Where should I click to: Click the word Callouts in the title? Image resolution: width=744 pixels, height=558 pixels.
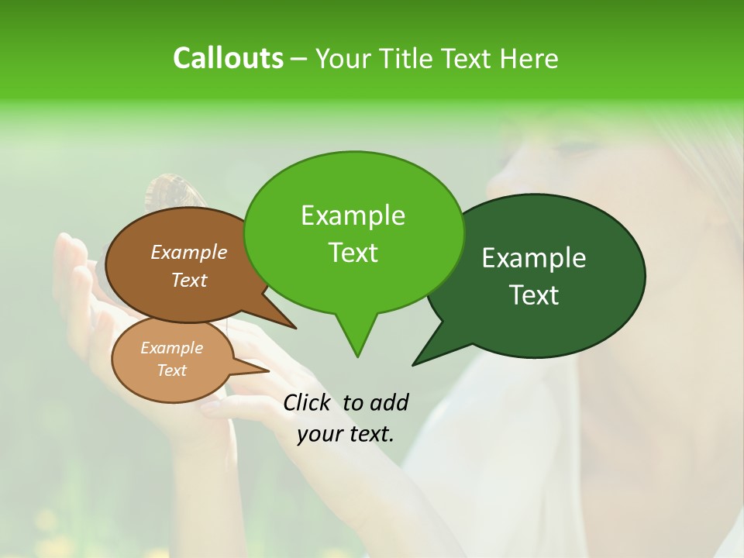pyautogui.click(x=228, y=58)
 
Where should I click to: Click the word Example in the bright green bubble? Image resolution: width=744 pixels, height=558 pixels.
pyautogui.click(x=353, y=215)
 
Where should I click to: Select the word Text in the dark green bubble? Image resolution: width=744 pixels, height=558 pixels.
pyautogui.click(x=535, y=295)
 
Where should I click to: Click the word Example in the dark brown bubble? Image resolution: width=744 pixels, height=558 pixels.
pyautogui.click(x=188, y=252)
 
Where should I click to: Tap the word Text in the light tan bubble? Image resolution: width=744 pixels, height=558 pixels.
pyautogui.click(x=171, y=370)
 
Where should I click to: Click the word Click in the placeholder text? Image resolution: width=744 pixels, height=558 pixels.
pyautogui.click(x=308, y=402)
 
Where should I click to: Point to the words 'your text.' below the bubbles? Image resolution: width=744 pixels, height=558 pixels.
pyautogui.click(x=345, y=433)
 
